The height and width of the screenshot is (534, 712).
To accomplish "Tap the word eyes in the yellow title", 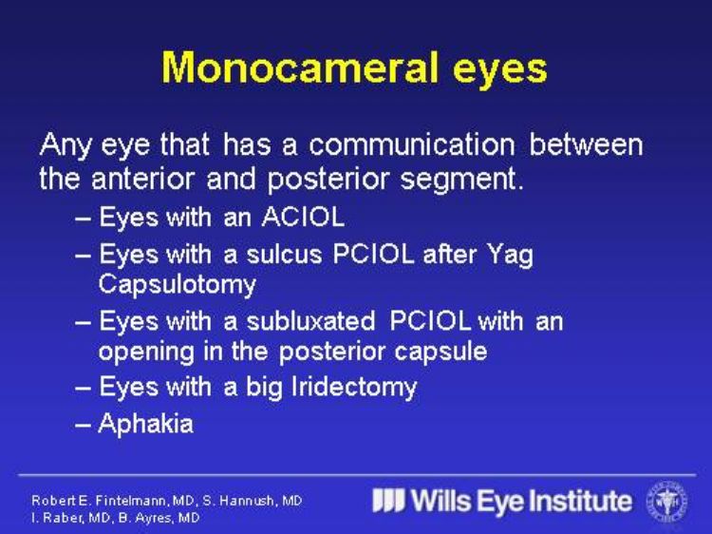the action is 500,70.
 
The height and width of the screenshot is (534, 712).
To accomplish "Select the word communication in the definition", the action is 412,144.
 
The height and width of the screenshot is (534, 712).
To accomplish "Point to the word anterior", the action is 142,179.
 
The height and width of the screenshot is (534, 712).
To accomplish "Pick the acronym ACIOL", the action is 303,217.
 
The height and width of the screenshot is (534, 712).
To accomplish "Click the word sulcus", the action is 284,254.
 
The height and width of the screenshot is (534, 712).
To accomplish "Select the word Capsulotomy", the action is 178,286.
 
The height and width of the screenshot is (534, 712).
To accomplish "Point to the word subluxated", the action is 310,321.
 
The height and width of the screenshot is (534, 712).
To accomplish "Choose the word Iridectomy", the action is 354,389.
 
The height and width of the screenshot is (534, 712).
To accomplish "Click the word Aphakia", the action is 146,424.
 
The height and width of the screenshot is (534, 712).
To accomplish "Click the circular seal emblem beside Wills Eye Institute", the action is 667,502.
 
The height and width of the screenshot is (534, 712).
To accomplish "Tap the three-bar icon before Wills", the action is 388,501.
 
